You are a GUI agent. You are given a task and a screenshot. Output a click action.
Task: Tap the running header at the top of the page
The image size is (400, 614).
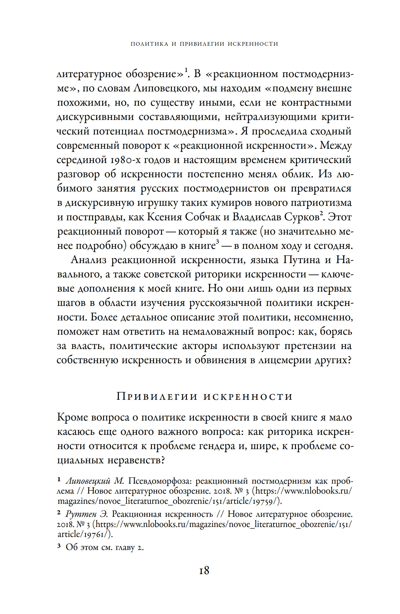point(204,44)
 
